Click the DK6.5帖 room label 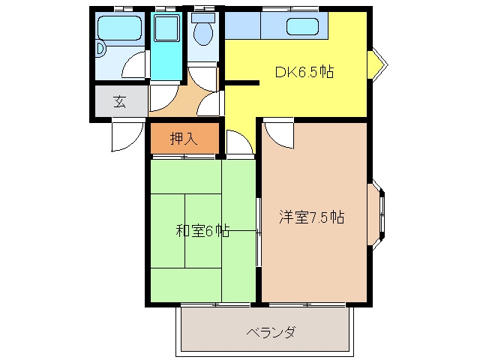[304, 72]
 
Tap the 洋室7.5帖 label [311, 217]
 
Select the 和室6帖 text [202, 231]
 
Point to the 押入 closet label [184, 139]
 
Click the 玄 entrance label [120, 102]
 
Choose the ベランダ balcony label [271, 331]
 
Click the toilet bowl [203, 33]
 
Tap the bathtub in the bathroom [119, 28]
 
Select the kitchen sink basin [302, 26]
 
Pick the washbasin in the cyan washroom [166, 28]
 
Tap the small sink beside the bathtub [100, 49]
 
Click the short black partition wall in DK [241, 82]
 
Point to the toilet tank [203, 18]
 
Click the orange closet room [184, 139]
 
